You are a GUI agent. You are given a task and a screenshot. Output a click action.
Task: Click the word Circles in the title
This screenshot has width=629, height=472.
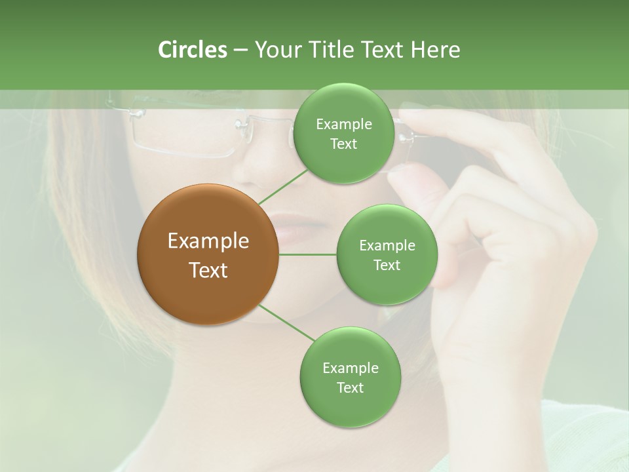click(x=192, y=50)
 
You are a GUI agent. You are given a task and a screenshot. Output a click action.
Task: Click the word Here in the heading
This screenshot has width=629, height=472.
click(x=435, y=50)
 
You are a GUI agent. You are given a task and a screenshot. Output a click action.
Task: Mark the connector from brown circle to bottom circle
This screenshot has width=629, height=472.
click(x=287, y=323)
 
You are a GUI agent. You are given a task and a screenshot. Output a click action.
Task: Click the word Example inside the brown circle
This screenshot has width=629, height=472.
click(x=208, y=241)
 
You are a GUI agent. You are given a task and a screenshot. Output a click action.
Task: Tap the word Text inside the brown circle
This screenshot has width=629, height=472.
click(x=208, y=269)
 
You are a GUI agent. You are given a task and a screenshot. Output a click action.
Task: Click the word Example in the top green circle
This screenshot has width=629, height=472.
click(x=343, y=124)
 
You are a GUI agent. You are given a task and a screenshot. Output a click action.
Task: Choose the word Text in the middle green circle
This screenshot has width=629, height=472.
click(x=387, y=265)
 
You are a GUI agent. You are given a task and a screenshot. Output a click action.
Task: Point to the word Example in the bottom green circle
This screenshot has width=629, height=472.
click(x=350, y=368)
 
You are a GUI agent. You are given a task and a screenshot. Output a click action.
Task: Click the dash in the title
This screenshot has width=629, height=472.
click(x=240, y=50)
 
